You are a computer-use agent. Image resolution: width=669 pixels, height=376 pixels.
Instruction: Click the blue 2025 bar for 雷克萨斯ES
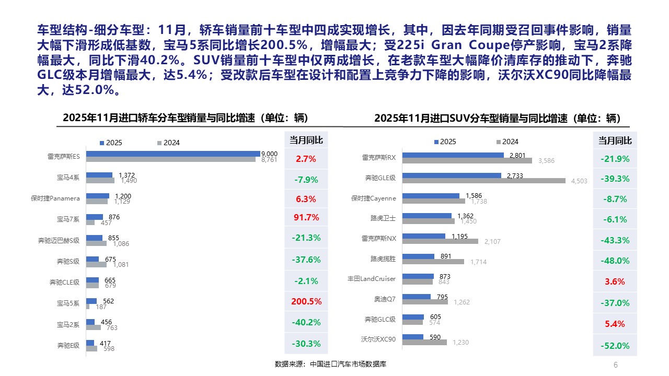point(172,154)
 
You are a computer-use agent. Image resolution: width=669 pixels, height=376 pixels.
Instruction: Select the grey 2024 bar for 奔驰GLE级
point(484,181)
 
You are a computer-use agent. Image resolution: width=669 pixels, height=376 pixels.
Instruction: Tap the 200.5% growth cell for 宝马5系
point(306,301)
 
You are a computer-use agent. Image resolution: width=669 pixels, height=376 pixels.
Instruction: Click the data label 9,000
point(269,153)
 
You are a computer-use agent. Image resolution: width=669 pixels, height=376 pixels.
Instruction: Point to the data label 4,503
point(580,181)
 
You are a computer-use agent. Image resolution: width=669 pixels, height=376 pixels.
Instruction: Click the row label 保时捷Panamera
point(55,198)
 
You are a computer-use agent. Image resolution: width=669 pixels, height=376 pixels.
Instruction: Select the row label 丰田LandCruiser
point(372,279)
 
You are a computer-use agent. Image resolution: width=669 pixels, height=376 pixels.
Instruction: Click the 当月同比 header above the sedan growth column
point(306,140)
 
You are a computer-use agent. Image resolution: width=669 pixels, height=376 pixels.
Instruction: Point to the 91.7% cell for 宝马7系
point(306,217)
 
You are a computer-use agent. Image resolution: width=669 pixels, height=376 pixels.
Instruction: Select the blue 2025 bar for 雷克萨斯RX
point(453,155)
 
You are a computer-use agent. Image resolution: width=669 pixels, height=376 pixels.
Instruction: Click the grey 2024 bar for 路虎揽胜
point(433,262)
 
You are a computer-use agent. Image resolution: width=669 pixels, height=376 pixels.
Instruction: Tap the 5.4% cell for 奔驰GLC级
point(615,324)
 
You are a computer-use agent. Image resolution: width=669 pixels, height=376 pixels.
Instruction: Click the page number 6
point(615,365)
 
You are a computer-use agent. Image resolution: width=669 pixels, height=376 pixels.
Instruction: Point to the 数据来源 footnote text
point(330,364)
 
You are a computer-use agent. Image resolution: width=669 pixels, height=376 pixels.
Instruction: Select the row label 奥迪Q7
point(385,299)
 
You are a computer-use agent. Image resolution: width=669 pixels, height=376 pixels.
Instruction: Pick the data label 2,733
point(515,175)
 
